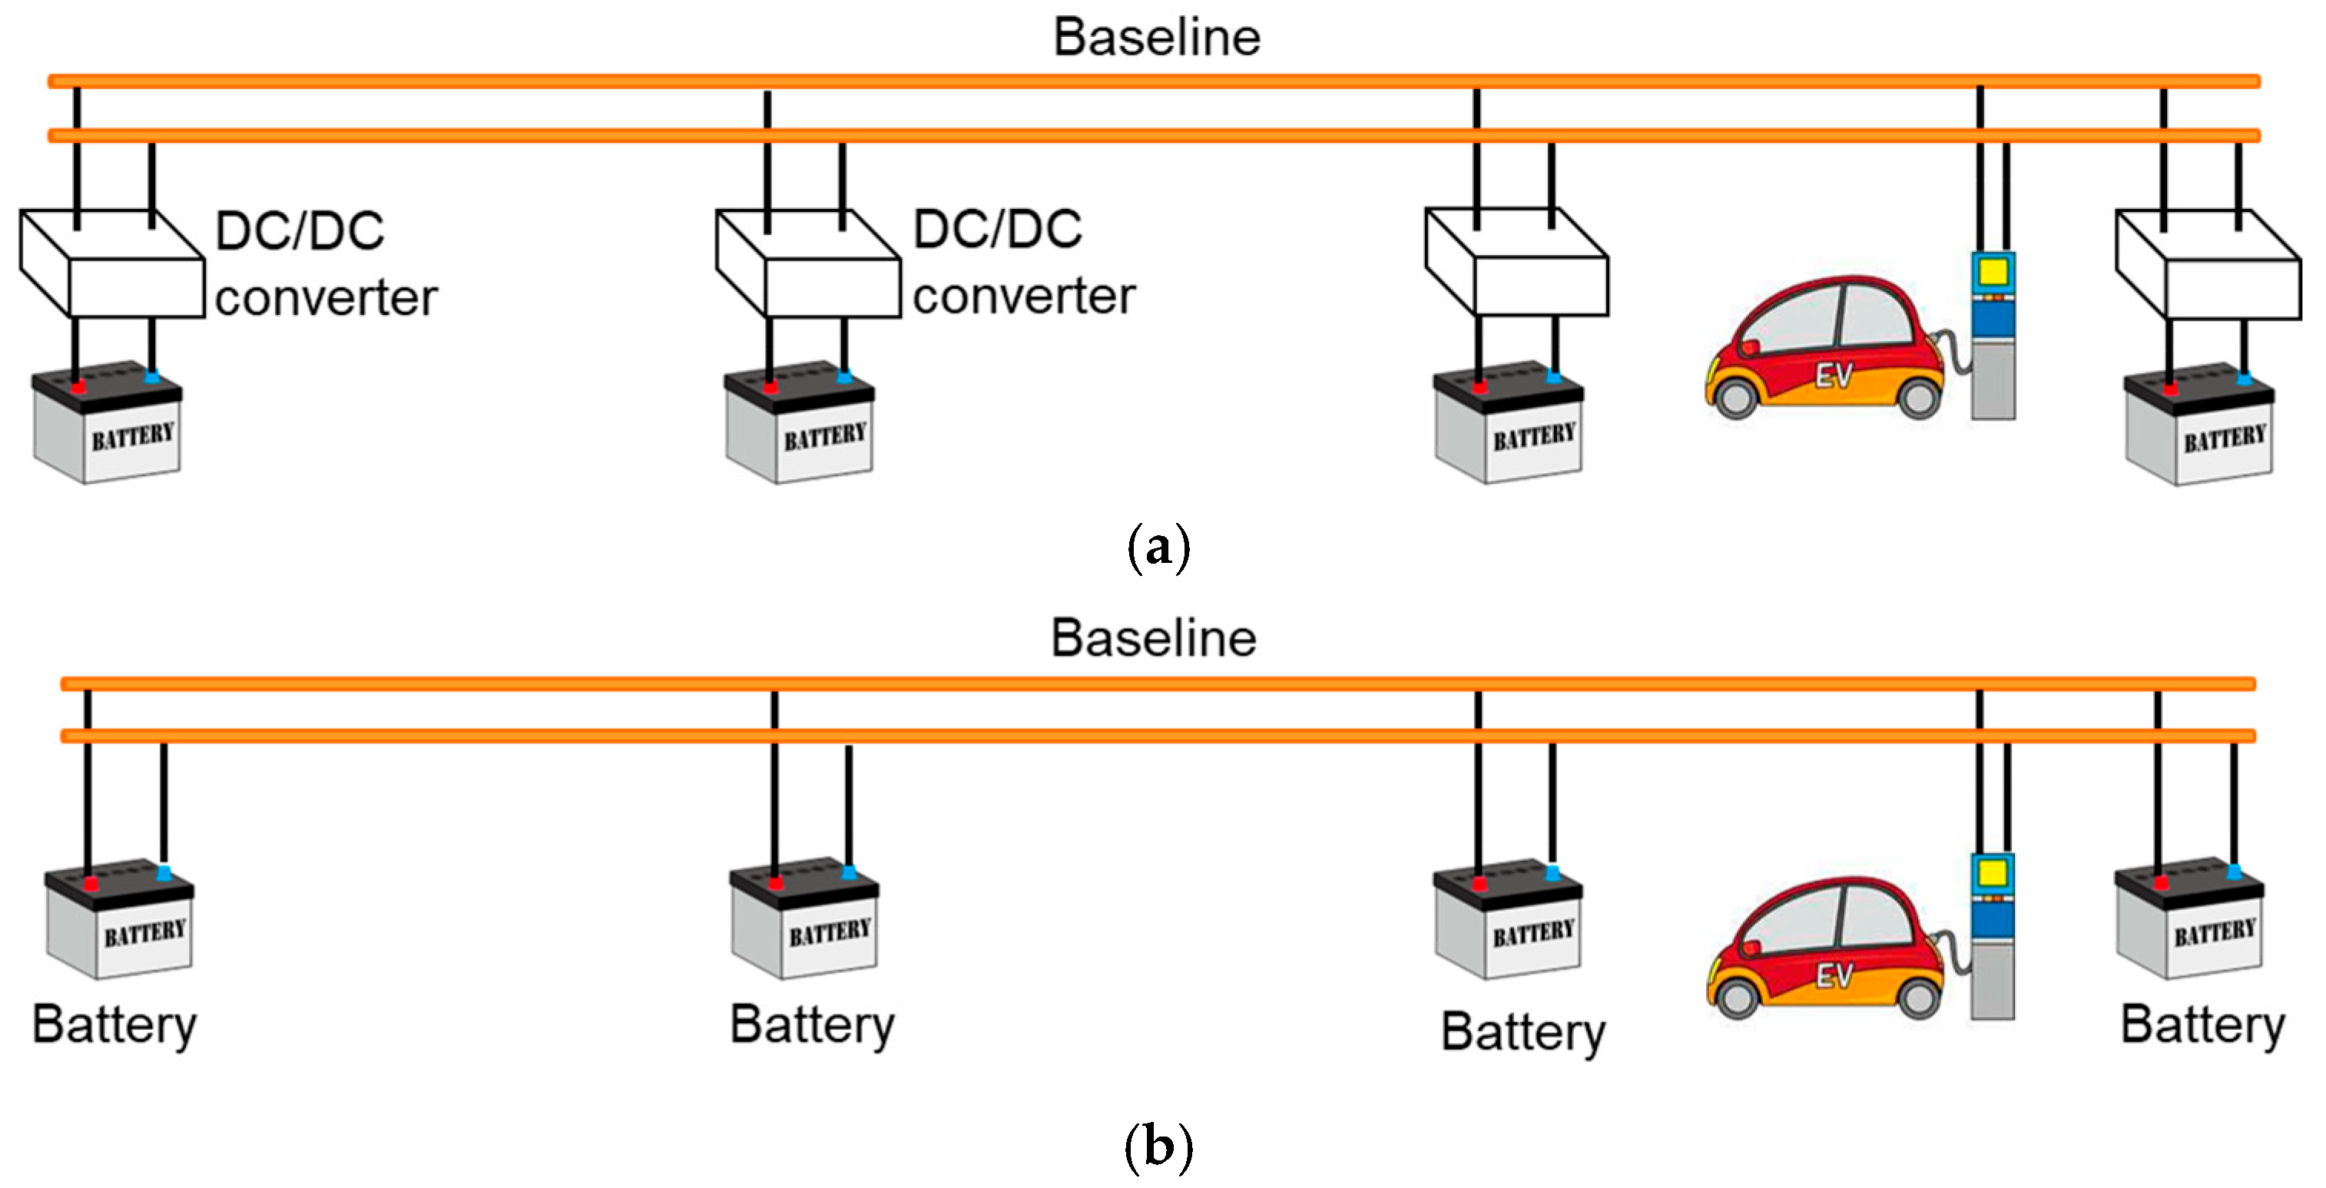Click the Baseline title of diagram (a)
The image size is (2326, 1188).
tap(1157, 38)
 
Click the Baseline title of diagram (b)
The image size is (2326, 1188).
tap(1153, 638)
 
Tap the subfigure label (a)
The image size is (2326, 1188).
tap(1158, 546)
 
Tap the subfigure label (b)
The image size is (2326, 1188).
tap(1158, 1147)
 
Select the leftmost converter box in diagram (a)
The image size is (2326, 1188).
tap(112, 263)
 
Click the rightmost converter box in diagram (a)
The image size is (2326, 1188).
tap(2208, 264)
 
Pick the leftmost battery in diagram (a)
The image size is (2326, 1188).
tap(107, 424)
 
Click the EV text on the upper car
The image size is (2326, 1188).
tap(1834, 376)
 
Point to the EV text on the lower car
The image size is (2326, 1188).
tap(1834, 976)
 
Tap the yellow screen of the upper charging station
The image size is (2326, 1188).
tap(1992, 272)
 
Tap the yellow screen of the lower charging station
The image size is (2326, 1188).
tap(1992, 873)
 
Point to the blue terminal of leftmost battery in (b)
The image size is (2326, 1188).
tap(164, 873)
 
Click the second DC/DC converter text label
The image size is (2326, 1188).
tap(1024, 262)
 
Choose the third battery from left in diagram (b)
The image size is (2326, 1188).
tap(1508, 919)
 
